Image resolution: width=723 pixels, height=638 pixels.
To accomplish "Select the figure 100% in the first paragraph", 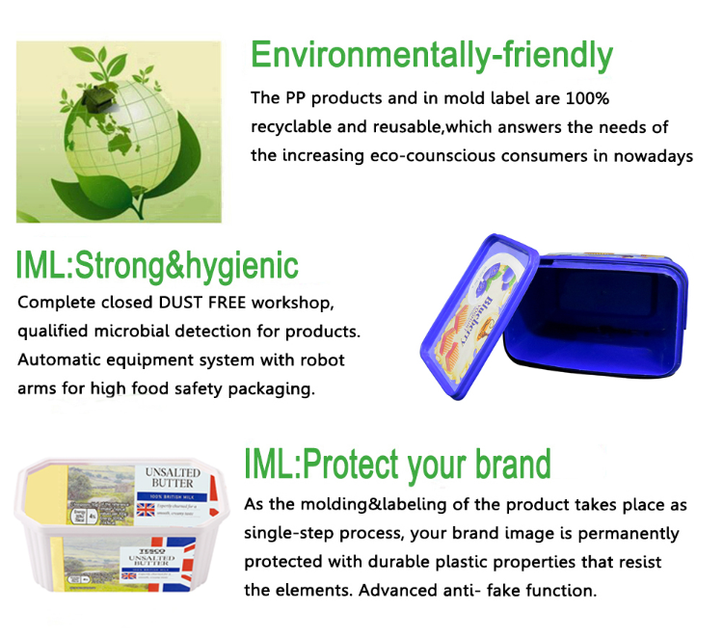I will (x=587, y=98).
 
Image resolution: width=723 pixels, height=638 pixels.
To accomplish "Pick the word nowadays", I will (x=656, y=156).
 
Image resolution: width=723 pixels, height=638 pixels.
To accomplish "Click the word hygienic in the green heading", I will (x=242, y=265).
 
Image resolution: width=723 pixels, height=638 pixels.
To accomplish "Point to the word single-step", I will (x=288, y=534).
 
